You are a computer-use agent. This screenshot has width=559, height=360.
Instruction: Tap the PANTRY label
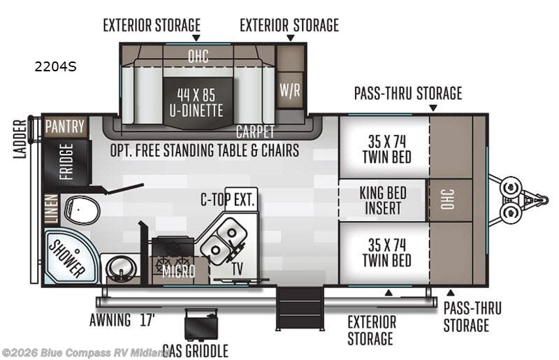click(x=65, y=127)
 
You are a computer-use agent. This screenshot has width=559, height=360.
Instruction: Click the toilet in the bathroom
click(x=78, y=208)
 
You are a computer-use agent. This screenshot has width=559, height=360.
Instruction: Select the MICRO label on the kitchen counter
click(x=178, y=271)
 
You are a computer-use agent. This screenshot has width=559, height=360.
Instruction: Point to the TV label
click(x=237, y=267)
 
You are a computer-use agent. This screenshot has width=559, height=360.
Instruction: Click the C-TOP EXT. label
click(x=228, y=201)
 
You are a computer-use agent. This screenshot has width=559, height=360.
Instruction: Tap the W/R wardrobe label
click(x=289, y=90)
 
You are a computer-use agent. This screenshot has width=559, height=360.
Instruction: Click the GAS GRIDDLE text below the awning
click(x=195, y=350)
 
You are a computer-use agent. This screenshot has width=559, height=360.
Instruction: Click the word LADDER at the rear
click(x=20, y=139)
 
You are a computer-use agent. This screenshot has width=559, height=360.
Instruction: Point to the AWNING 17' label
click(x=121, y=321)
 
